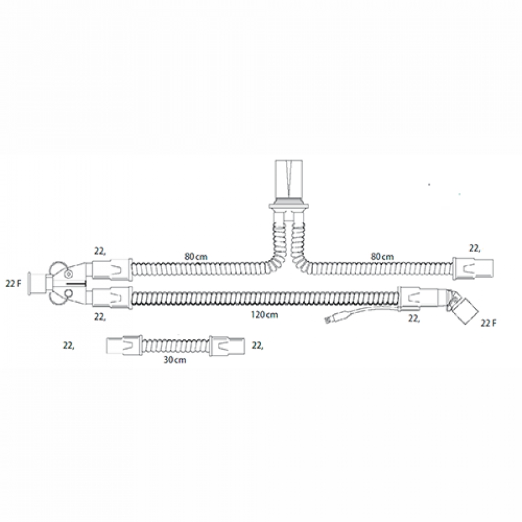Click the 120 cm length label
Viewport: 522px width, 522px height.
tap(264, 314)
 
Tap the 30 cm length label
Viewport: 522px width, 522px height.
tap(175, 360)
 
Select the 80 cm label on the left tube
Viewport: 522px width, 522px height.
tap(196, 256)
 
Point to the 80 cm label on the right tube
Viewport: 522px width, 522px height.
tap(382, 256)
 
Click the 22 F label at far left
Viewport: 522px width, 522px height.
tap(14, 284)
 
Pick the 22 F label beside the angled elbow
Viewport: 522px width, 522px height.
tap(488, 323)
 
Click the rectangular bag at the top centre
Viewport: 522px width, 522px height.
tap(288, 179)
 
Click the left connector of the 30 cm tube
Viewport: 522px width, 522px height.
tap(125, 346)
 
